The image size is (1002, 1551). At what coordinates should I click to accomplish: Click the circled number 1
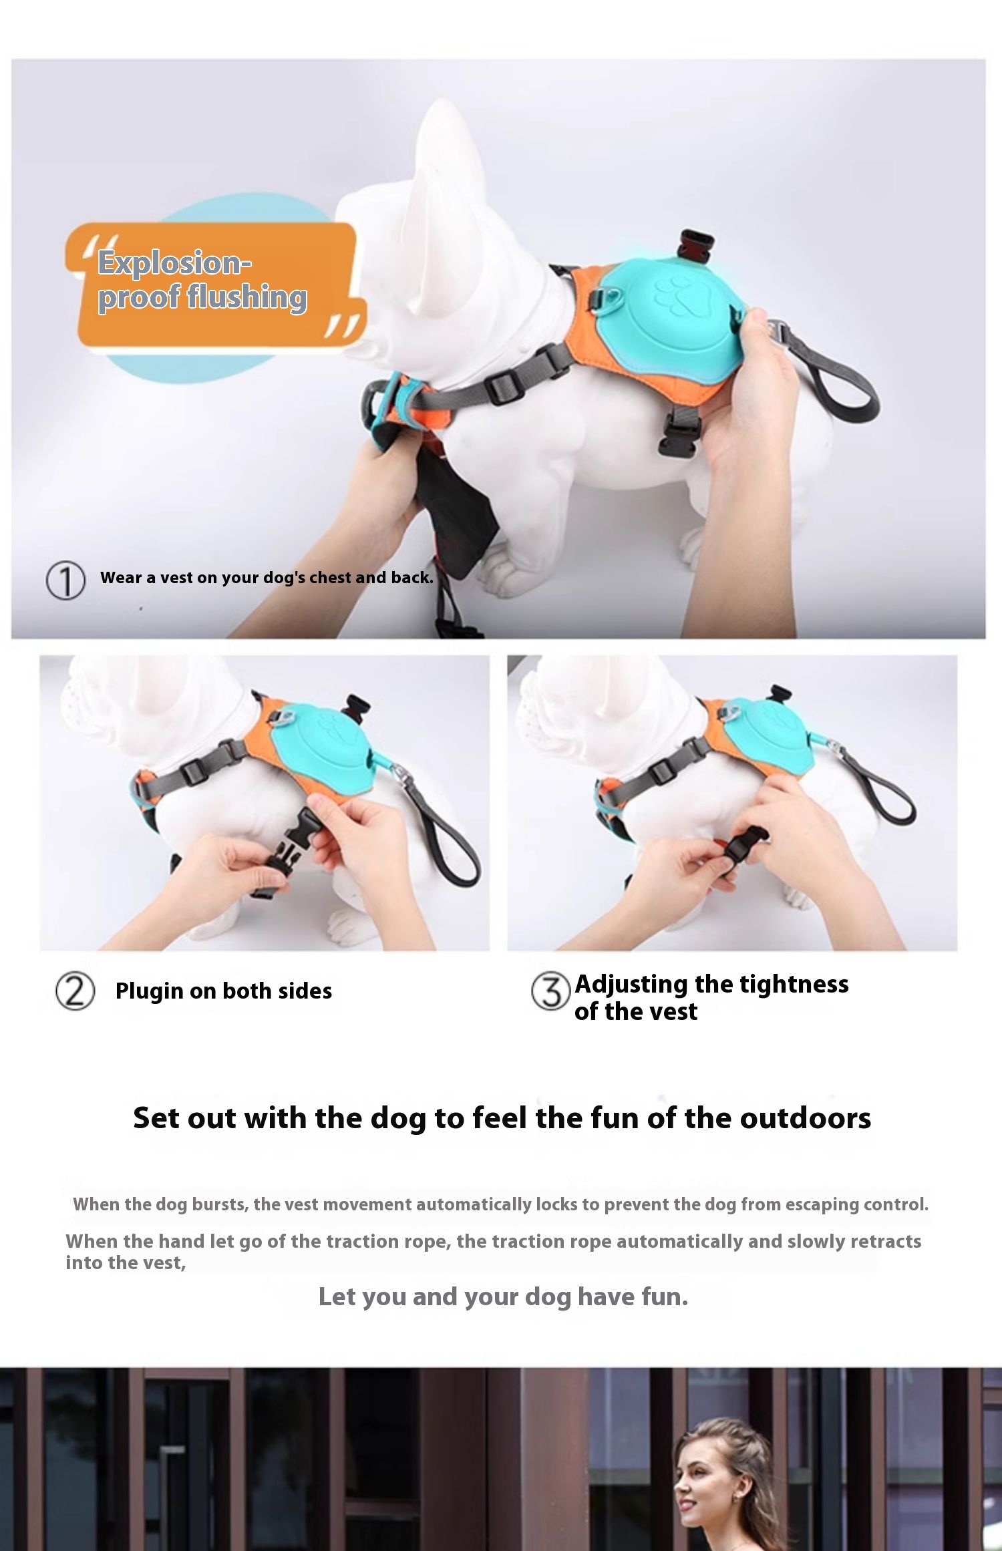pos(65,580)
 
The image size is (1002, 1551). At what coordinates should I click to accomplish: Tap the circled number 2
pos(75,991)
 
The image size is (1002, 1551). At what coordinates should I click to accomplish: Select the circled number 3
pos(550,991)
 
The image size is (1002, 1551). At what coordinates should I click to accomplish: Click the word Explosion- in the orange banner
pos(174,263)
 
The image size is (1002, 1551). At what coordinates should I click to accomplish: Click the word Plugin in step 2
pos(149,991)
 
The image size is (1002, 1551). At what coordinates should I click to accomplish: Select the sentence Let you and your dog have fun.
pos(503,1297)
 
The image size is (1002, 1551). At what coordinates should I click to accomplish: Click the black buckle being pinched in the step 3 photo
pos(745,844)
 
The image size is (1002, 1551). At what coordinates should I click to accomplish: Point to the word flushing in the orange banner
pos(246,297)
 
